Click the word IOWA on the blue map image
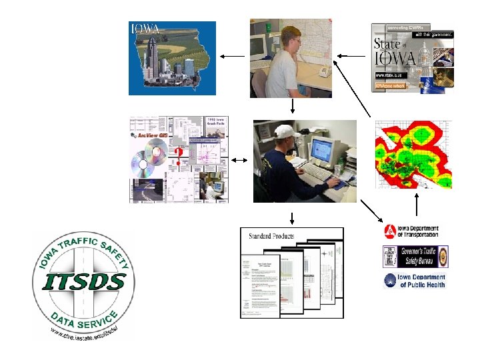pyautogui.click(x=145, y=29)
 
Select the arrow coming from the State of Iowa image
pyautogui.click(x=352, y=56)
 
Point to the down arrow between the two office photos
pyautogui.click(x=292, y=106)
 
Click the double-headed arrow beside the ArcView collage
pyautogui.click(x=239, y=160)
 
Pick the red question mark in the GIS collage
pyautogui.click(x=178, y=155)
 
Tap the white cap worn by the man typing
pyautogui.click(x=285, y=131)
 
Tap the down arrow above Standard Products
pyautogui.click(x=292, y=217)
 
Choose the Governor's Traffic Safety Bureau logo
pyautogui.click(x=415, y=256)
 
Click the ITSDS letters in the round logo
pyautogui.click(x=83, y=281)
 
